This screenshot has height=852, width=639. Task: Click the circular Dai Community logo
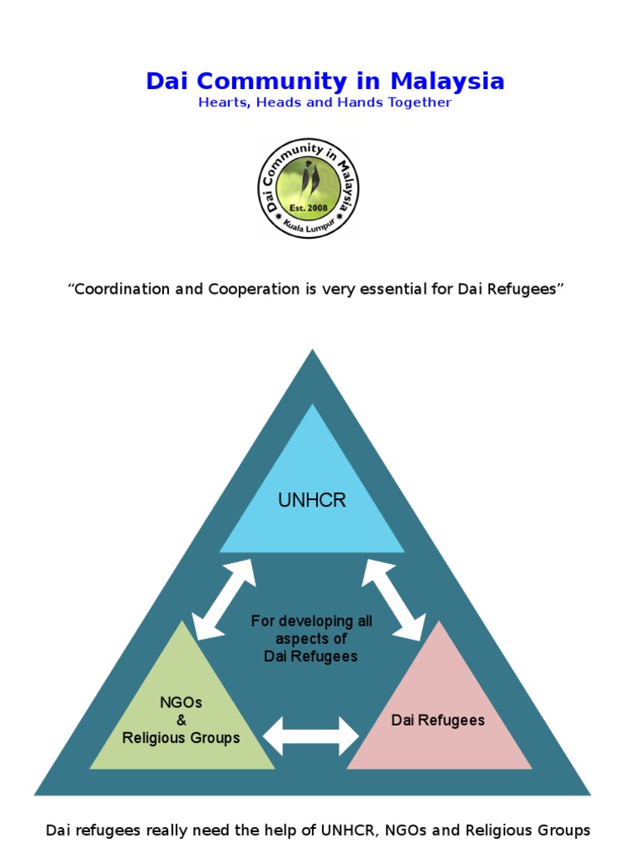(x=308, y=188)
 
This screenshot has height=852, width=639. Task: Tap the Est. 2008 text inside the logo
(x=308, y=207)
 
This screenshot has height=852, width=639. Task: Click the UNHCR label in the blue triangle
(x=311, y=500)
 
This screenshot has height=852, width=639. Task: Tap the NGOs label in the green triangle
(x=181, y=702)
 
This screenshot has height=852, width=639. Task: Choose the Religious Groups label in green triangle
(x=181, y=737)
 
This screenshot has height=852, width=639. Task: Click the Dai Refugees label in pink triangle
(x=438, y=720)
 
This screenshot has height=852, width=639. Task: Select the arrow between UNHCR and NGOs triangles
(x=224, y=600)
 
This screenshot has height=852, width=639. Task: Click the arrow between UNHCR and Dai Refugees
(x=393, y=600)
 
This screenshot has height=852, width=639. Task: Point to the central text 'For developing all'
(x=311, y=622)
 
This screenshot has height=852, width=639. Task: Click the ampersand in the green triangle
(x=181, y=720)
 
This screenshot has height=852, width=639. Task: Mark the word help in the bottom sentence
(x=327, y=830)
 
